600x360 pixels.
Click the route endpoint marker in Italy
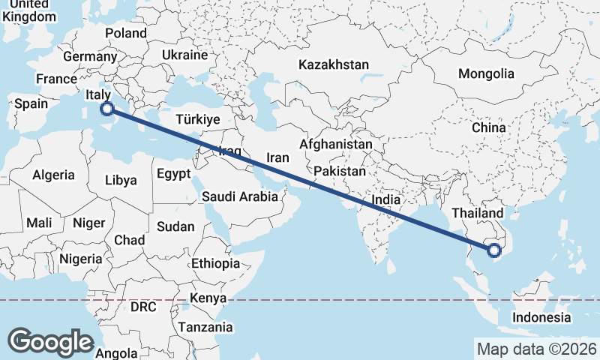point(107,109)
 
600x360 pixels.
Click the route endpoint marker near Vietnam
point(493,250)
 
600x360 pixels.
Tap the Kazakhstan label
point(334,65)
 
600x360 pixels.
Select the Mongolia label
point(487,73)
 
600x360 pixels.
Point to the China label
point(489,127)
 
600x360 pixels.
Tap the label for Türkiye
point(197,119)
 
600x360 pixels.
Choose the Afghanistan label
point(336,144)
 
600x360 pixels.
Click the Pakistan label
point(340,171)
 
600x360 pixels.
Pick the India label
point(385,200)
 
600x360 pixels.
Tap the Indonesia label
point(541,317)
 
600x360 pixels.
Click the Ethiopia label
point(215,263)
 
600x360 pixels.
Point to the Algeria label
point(53,175)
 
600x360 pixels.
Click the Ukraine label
point(184,55)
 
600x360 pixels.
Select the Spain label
point(31,103)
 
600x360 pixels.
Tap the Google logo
point(50,342)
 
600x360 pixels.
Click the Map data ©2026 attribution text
point(537,349)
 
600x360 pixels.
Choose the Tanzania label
point(205,327)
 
